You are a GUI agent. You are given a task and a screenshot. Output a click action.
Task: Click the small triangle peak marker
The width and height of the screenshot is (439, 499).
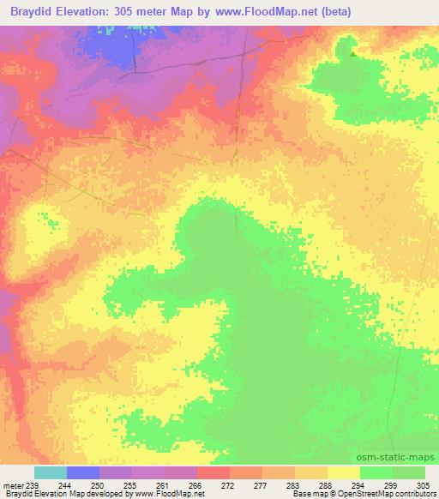(x=353, y=52)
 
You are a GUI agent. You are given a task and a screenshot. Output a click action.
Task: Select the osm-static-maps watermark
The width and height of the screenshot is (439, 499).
(x=402, y=459)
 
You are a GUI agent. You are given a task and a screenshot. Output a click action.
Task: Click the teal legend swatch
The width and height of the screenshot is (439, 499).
(x=51, y=472)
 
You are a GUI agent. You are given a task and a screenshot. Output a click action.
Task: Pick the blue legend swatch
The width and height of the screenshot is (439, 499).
(x=83, y=472)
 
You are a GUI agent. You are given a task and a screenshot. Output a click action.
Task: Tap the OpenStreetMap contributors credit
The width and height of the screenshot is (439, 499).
(x=391, y=495)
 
